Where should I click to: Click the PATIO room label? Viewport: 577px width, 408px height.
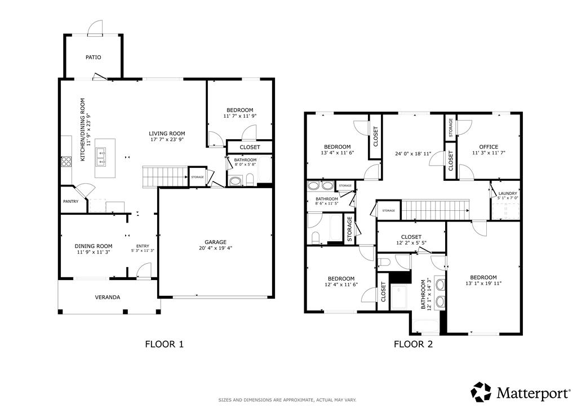(x=93, y=57)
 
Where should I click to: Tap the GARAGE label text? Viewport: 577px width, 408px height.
(x=216, y=242)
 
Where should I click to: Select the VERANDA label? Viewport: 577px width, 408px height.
(x=108, y=297)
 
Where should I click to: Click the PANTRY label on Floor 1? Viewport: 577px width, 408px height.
(x=70, y=202)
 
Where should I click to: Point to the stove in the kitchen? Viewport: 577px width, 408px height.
(x=66, y=162)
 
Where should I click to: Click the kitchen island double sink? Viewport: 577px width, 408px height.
(x=101, y=157)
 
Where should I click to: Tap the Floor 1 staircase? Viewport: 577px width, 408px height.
(x=165, y=176)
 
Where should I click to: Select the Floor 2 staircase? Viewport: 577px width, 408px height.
(x=436, y=210)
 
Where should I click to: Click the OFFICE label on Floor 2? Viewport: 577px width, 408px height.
(x=489, y=147)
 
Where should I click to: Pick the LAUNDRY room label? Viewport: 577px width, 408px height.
(x=508, y=193)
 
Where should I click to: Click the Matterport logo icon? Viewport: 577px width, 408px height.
(x=481, y=392)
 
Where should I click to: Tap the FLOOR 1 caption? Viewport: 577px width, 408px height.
(x=164, y=344)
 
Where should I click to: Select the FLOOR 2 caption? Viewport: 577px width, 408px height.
(x=413, y=344)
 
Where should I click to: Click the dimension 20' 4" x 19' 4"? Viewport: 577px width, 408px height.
(x=216, y=248)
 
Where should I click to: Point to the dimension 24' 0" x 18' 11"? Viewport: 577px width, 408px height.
(x=413, y=154)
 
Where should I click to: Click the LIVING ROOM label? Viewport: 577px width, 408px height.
(x=167, y=134)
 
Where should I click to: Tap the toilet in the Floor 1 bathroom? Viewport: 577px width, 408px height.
(x=250, y=180)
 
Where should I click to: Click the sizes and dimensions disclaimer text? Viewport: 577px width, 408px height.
(x=287, y=400)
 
